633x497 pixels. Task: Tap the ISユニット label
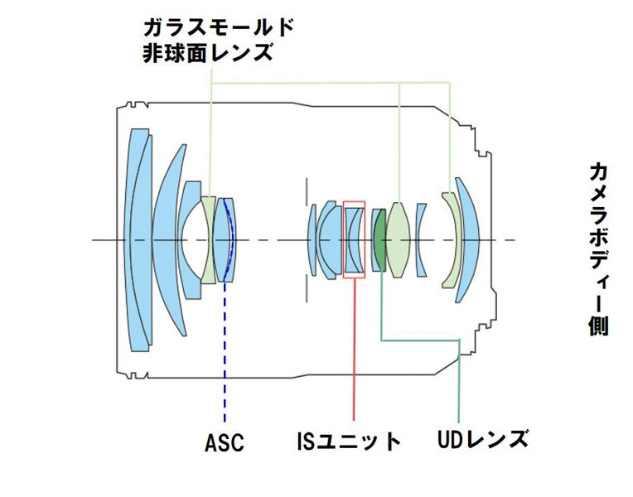click(x=349, y=441)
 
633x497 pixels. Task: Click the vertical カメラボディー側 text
click(x=598, y=248)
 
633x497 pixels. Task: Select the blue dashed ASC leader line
click(x=225, y=356)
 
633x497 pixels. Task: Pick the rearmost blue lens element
click(x=468, y=240)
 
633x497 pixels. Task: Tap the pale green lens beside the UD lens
click(x=399, y=240)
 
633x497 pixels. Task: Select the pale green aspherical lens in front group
click(x=208, y=240)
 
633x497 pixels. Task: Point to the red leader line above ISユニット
click(x=354, y=348)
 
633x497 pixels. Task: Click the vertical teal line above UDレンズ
click(x=460, y=389)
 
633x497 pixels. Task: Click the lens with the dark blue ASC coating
click(x=224, y=240)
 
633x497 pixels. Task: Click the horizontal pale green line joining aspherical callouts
click(x=331, y=82)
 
